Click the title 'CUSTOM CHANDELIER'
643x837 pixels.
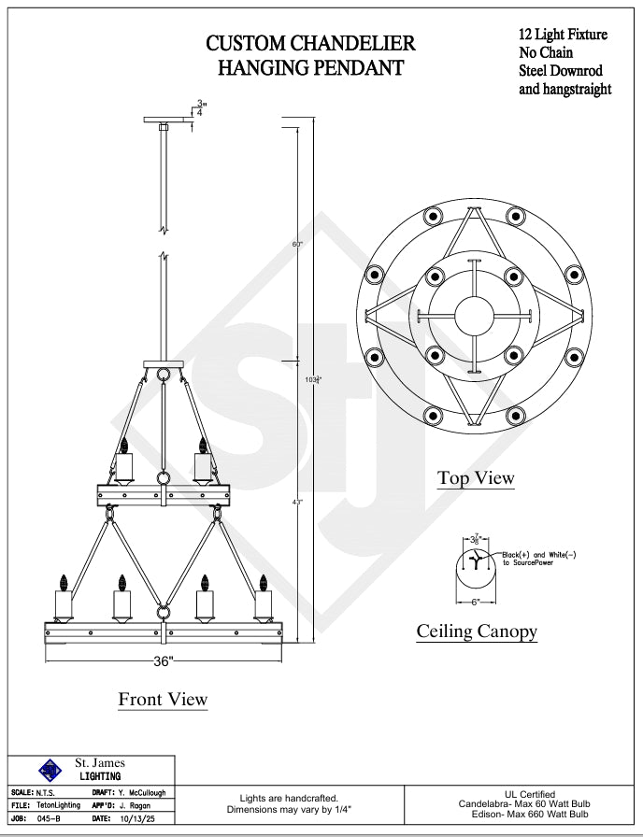(x=310, y=43)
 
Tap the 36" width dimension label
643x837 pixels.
(x=163, y=661)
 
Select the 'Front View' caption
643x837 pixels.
(x=163, y=699)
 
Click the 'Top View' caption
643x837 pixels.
(x=476, y=478)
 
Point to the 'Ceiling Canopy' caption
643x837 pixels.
(x=477, y=631)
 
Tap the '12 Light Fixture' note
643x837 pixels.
(x=563, y=35)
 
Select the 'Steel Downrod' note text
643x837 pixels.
(x=561, y=71)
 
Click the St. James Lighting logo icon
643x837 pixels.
(x=50, y=770)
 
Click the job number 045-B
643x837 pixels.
(x=48, y=818)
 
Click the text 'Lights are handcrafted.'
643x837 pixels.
(x=289, y=799)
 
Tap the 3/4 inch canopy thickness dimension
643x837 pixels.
(x=199, y=107)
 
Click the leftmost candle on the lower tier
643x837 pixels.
(x=64, y=598)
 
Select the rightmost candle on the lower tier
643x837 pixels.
(x=263, y=598)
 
